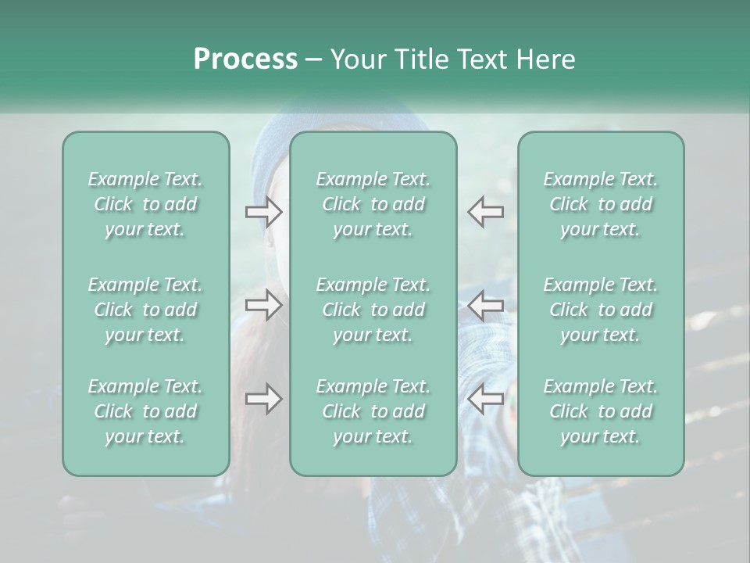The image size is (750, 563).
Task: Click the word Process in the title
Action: (x=245, y=59)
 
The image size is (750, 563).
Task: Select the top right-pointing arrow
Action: (x=264, y=212)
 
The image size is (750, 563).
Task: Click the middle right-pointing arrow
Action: (x=264, y=305)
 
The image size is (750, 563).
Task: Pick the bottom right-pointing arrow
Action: (x=264, y=399)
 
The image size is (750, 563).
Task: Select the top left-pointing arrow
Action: (x=486, y=212)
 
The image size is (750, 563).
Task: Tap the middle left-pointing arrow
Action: (x=486, y=305)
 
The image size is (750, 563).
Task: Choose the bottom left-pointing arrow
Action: (x=486, y=399)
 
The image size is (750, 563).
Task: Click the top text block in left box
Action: (x=145, y=204)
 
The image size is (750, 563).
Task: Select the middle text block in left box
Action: (x=145, y=310)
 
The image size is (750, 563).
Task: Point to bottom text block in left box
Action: (x=145, y=411)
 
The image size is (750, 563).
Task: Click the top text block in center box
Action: (x=373, y=204)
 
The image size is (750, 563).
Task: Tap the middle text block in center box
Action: (x=373, y=310)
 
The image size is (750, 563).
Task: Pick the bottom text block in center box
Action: (x=373, y=411)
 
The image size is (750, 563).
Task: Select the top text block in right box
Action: (x=601, y=204)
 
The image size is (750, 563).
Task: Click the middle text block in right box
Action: (x=601, y=310)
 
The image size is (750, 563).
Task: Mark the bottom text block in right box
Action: (x=601, y=411)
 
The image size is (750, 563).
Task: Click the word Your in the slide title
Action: (x=355, y=59)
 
